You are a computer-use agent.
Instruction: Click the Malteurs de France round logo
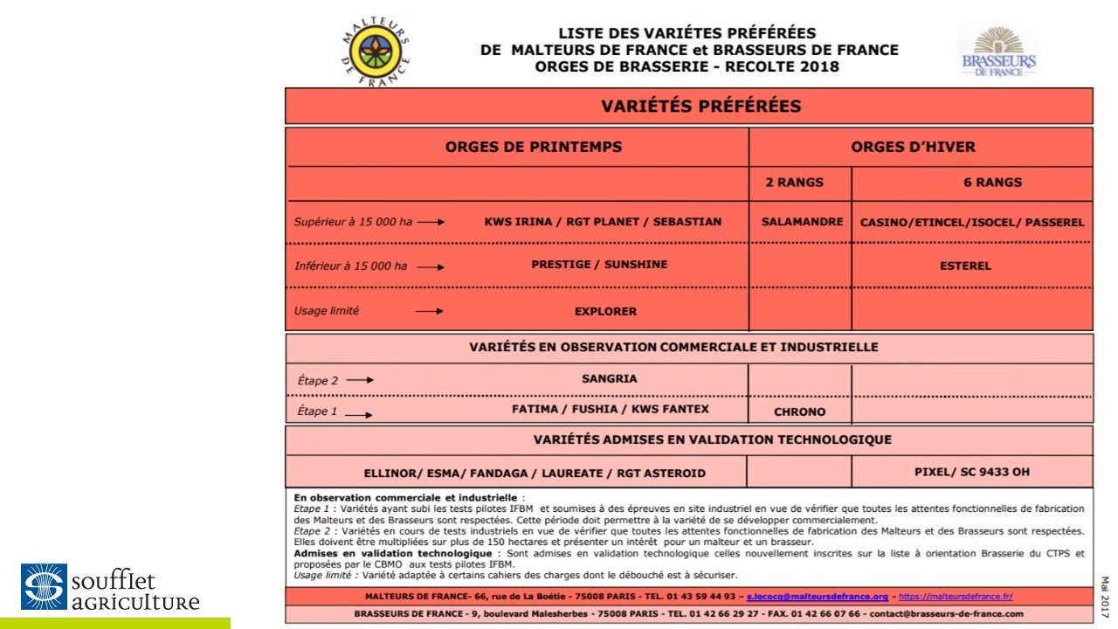tap(372, 52)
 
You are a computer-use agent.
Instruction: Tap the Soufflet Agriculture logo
tap(110, 587)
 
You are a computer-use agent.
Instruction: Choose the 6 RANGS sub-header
tap(972, 183)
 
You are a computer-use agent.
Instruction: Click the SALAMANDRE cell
tap(800, 222)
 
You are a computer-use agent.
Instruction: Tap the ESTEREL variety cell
tap(965, 266)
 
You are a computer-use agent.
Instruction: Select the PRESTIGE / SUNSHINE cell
tap(599, 265)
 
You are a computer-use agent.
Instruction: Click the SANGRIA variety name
tap(609, 379)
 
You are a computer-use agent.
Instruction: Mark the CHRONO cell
tap(799, 411)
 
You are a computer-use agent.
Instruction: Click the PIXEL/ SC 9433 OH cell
tap(970, 472)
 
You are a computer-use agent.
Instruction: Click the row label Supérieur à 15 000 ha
tap(353, 222)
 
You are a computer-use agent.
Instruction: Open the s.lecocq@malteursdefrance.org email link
tap(817, 596)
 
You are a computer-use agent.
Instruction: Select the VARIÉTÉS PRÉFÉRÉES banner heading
tap(689, 107)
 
